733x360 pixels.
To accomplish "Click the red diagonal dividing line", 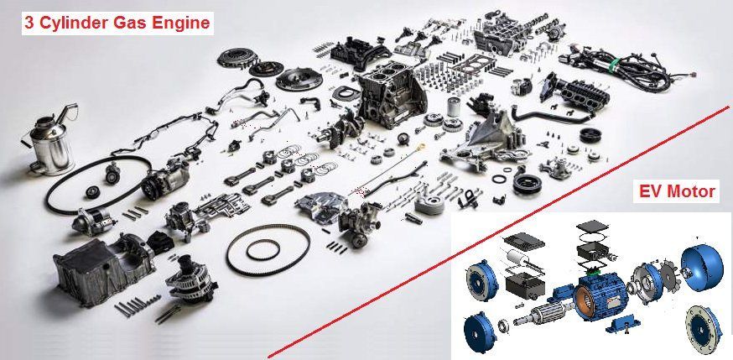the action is click(x=498, y=232).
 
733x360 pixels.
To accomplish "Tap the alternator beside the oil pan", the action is click(x=190, y=279).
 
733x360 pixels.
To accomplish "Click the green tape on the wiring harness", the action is click(x=616, y=63).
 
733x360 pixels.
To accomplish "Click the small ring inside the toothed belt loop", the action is click(x=263, y=250).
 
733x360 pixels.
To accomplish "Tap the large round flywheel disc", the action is click(x=299, y=79).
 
